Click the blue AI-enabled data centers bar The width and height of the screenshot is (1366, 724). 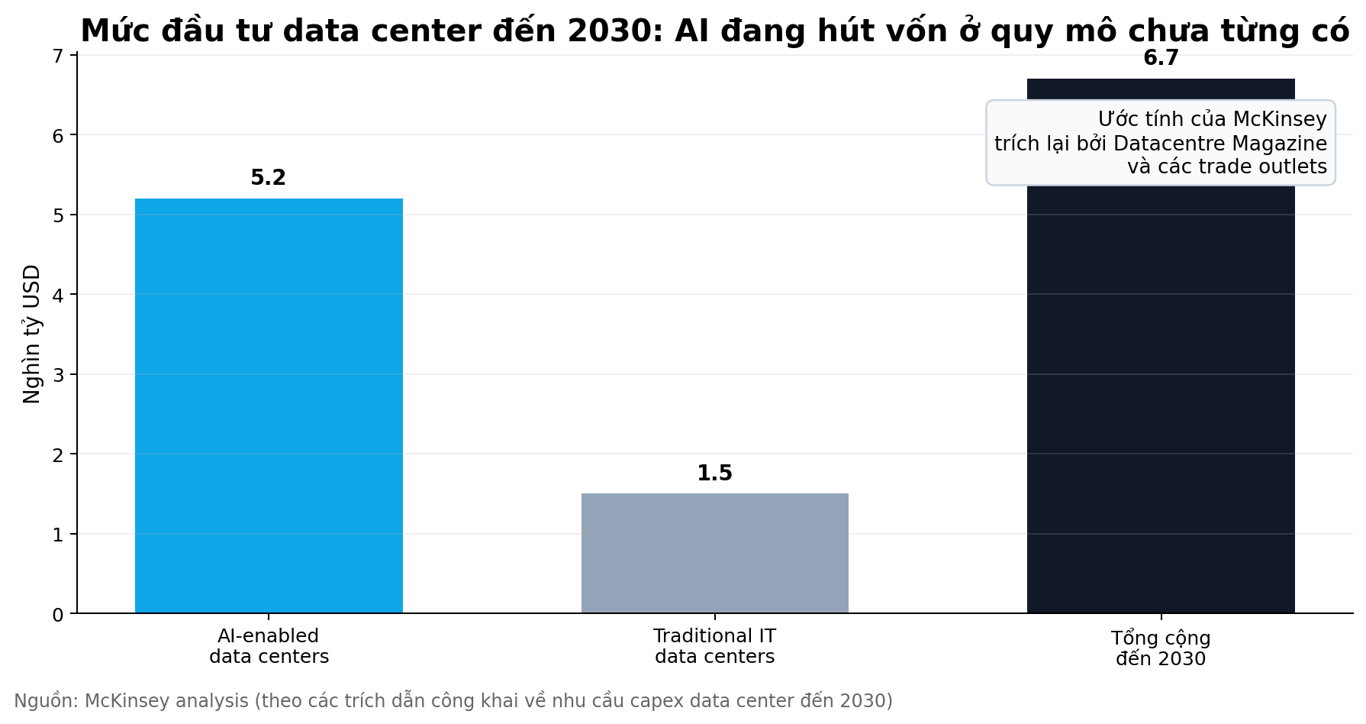point(269,406)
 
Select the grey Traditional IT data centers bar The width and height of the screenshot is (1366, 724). point(714,553)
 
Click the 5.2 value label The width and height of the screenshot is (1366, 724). point(268,178)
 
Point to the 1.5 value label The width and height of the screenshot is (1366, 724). point(714,474)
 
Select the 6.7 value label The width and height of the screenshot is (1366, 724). point(1160,59)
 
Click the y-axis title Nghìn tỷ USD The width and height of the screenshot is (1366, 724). point(32,334)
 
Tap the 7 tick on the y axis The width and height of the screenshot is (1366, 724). point(58,56)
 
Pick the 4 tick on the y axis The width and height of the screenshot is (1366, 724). point(58,295)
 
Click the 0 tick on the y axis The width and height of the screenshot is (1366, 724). point(58,615)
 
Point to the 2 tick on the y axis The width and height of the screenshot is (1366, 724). point(58,454)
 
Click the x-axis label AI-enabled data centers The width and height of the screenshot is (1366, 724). point(269,646)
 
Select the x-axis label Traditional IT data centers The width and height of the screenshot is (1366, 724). point(714,646)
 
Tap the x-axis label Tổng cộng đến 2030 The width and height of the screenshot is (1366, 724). point(1160,648)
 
